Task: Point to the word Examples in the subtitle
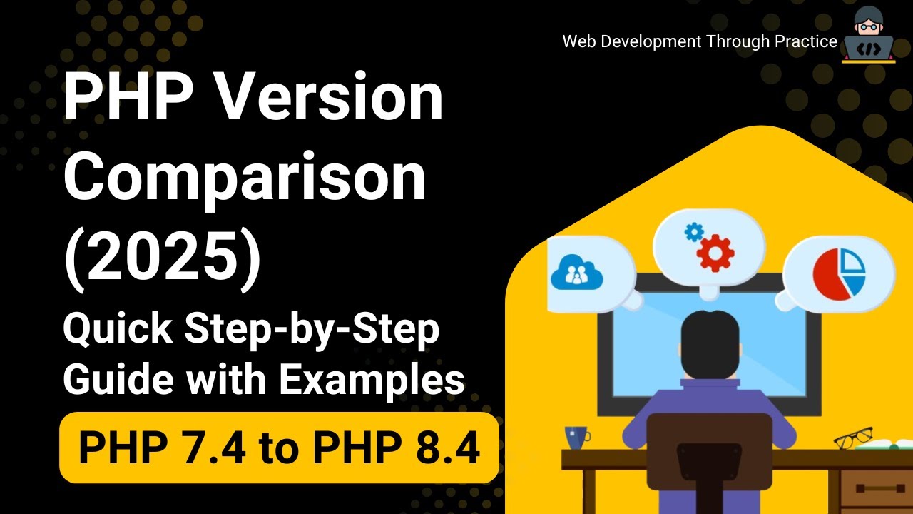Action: [x=372, y=378]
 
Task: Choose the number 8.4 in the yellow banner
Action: [x=446, y=448]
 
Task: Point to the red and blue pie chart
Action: [x=839, y=273]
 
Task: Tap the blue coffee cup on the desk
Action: [x=576, y=436]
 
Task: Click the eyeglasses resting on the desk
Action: [x=854, y=436]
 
